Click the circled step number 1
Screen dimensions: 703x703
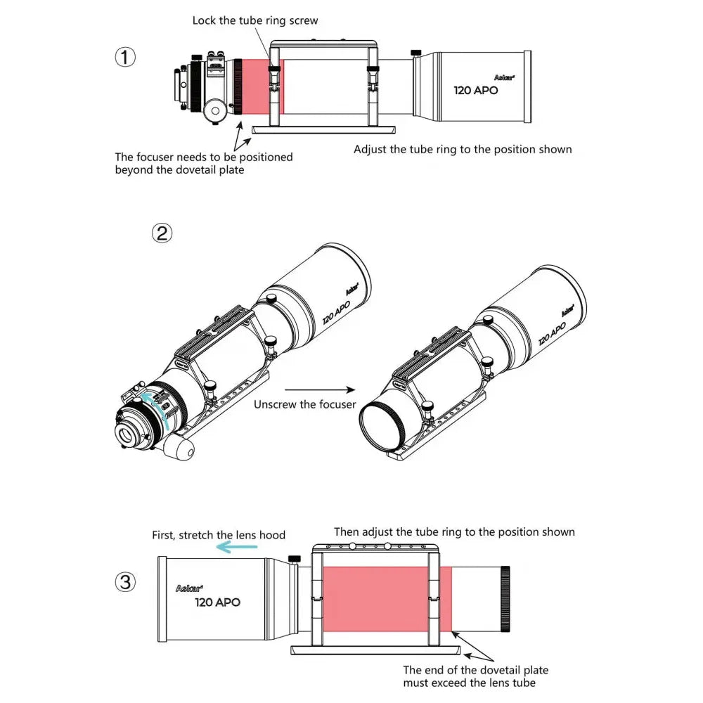coord(124,57)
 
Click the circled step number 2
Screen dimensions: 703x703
coord(162,233)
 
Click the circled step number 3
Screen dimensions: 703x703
coord(124,581)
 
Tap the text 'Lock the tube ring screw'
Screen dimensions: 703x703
coord(255,20)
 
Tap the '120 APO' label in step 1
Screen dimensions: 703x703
coord(475,91)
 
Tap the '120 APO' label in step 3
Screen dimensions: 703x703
coord(217,602)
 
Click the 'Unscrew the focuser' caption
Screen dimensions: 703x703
coord(304,404)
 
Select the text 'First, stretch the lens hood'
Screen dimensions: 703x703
coord(219,535)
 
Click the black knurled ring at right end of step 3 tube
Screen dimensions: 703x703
coord(503,597)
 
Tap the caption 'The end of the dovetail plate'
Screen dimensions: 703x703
coord(475,670)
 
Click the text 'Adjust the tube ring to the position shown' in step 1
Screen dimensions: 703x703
coord(463,149)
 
